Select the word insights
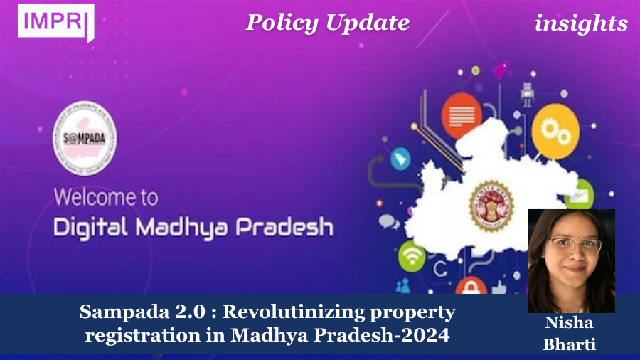(581, 23)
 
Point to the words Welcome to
(106, 196)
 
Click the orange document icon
(462, 115)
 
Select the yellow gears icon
(552, 129)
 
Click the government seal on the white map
(491, 202)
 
